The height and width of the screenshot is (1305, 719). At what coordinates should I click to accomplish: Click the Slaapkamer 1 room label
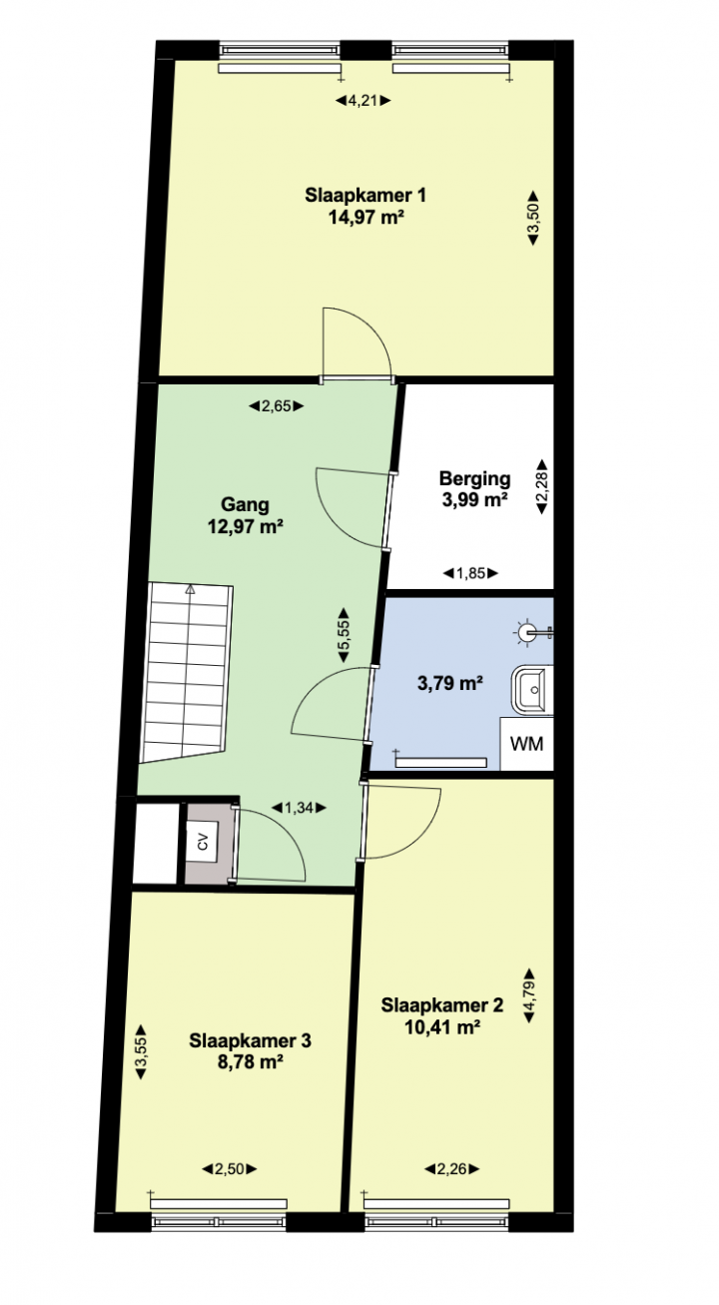(365, 195)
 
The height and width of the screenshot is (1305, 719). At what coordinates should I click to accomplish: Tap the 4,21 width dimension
(362, 101)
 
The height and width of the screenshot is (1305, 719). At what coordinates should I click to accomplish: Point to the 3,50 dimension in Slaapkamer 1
(532, 218)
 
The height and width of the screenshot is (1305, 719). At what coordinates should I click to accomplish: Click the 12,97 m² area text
(246, 526)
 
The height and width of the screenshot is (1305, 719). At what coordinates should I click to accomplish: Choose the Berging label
(475, 478)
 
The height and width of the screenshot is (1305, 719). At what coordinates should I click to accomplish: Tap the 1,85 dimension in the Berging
(470, 573)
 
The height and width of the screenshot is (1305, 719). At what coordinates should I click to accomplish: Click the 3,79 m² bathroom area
(449, 682)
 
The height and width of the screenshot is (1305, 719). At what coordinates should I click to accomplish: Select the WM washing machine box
(526, 744)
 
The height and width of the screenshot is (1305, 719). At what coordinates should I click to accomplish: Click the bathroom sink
(532, 690)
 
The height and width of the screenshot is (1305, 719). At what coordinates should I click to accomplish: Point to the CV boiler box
(203, 842)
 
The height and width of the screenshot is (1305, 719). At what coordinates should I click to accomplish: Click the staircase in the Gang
(187, 673)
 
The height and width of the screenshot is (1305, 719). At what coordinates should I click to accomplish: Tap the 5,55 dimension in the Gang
(344, 635)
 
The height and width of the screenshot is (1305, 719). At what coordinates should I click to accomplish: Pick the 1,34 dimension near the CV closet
(299, 808)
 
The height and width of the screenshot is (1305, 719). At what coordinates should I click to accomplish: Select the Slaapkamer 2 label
(442, 1005)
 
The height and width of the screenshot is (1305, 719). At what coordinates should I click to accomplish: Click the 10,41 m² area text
(442, 1027)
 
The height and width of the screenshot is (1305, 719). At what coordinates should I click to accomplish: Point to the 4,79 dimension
(529, 995)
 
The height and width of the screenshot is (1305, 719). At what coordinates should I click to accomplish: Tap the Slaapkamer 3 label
(250, 1040)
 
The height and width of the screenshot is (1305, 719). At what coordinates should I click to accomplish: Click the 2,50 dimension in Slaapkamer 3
(230, 1168)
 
